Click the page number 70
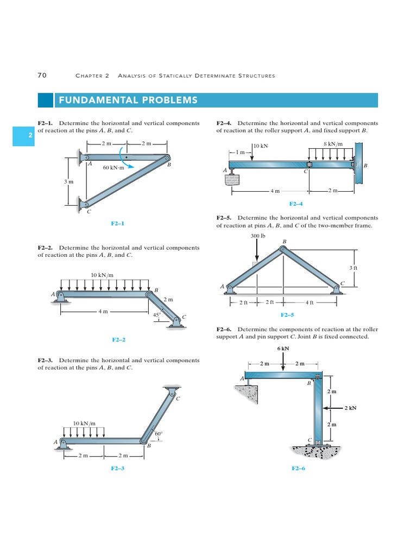click(42, 75)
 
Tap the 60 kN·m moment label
click(113, 168)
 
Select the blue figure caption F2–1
click(118, 223)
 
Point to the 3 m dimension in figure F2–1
click(68, 181)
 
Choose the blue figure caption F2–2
click(118, 340)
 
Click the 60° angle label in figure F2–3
click(159, 434)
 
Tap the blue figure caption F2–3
click(118, 467)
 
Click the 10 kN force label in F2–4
click(261, 146)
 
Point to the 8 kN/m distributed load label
click(333, 144)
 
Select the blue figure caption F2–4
click(296, 204)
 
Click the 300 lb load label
click(257, 236)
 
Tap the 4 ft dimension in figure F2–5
click(309, 302)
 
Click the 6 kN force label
click(282, 349)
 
